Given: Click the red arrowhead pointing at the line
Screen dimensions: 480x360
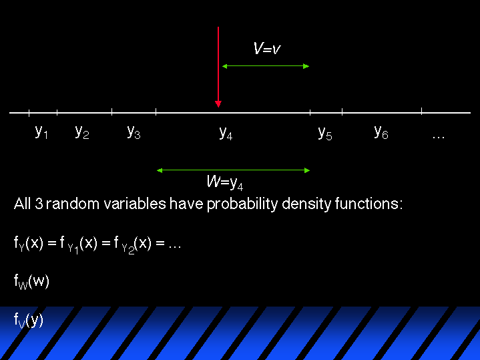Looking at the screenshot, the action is [x=218, y=104].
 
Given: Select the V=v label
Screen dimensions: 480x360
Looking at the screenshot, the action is [x=267, y=48].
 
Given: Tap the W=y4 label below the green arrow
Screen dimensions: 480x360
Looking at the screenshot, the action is [x=225, y=182].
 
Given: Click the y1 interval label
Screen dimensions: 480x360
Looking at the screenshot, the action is [x=41, y=132].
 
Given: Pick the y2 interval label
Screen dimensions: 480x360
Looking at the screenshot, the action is [x=82, y=132].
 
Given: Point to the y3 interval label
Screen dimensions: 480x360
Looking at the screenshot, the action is [x=134, y=132].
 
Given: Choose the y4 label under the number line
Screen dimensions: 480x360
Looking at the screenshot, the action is [x=226, y=133].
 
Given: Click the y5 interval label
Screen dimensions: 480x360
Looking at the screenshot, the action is [x=325, y=133].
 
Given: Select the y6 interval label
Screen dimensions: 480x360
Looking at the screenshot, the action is [x=381, y=132].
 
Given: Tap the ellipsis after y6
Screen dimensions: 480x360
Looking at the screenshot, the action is [x=439, y=138].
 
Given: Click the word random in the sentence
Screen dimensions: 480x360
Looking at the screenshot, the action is [x=73, y=204].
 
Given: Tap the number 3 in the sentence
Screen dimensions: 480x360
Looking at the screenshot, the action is [x=39, y=204].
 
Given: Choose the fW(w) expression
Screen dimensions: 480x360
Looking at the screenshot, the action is [x=31, y=282].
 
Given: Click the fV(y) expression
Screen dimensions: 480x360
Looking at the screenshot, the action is [x=29, y=321].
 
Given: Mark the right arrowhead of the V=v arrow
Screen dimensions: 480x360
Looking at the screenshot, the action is [x=306, y=66].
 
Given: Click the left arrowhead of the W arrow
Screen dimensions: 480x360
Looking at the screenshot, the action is [x=160, y=170].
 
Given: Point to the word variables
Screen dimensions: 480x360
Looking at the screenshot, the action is [x=135, y=204].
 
